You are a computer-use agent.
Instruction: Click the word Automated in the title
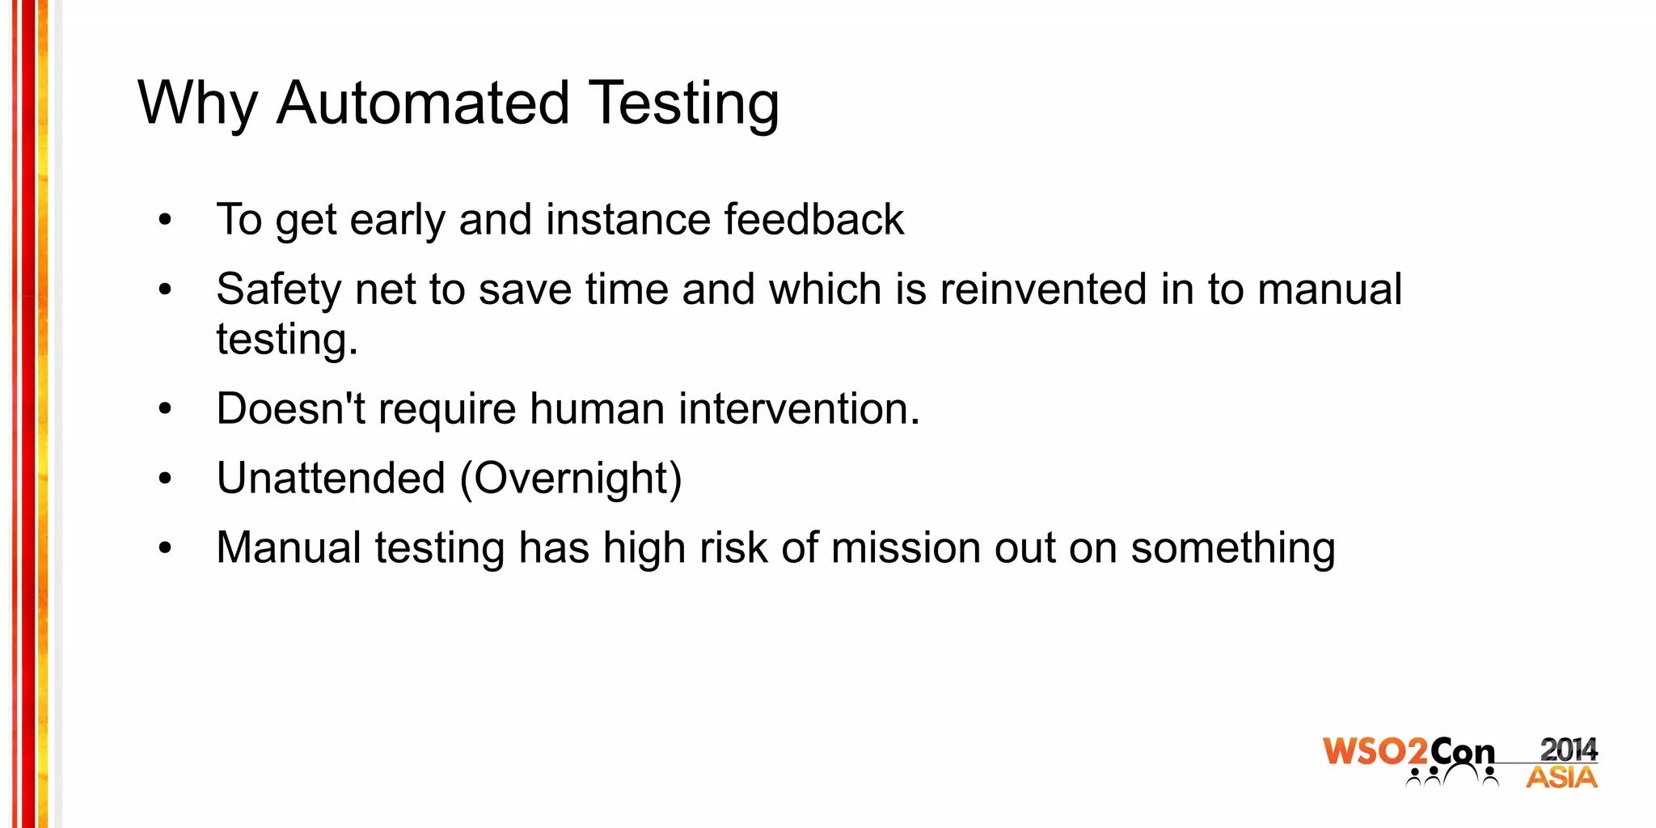coord(423,103)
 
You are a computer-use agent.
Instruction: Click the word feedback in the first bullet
coord(813,219)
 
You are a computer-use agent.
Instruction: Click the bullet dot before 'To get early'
coord(166,220)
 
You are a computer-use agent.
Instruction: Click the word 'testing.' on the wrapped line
coord(287,340)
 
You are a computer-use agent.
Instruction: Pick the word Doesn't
coord(291,408)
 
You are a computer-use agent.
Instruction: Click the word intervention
coord(799,408)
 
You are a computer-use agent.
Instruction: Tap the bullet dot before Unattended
coord(166,479)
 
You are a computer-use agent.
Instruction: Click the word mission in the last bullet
coord(906,547)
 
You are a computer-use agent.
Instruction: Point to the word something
coord(1232,549)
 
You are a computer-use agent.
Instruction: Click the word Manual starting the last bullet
coord(289,547)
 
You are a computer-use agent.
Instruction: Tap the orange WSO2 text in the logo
coord(1375,751)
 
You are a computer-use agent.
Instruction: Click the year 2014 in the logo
coord(1568,750)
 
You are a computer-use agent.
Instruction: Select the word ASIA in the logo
coord(1561,778)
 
